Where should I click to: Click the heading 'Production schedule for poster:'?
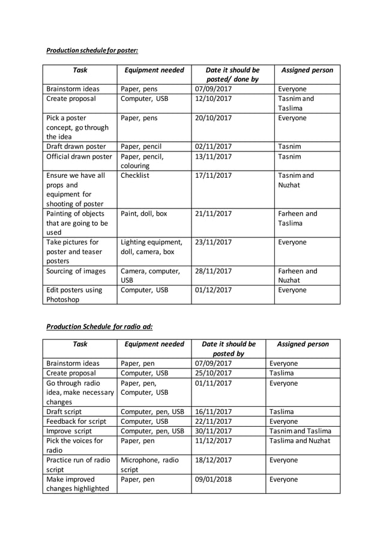92,50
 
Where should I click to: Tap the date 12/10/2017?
214,99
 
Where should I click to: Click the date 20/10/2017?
214,118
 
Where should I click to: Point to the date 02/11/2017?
214,147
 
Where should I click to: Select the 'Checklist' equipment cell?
135,175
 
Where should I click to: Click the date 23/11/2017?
214,242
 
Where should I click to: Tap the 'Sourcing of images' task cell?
76,271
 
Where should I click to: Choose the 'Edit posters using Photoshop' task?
75,294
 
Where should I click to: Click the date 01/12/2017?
214,290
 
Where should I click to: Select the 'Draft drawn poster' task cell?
76,147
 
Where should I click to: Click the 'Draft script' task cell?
64,412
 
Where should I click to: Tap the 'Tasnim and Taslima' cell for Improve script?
300,431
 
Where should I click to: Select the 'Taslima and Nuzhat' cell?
300,440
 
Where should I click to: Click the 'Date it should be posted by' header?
228,349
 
